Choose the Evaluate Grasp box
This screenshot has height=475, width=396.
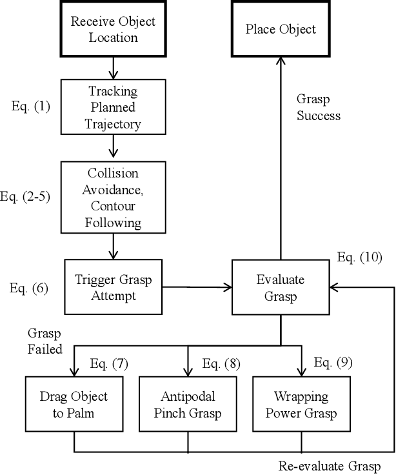280,287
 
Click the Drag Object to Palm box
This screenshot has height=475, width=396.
75,403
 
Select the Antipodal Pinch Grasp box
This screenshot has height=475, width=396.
188,403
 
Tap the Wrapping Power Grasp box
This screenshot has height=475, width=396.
301,403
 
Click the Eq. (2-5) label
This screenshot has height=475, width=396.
29,197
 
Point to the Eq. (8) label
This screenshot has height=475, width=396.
221,364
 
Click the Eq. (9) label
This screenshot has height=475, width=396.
333,363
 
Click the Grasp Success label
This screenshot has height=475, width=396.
318,108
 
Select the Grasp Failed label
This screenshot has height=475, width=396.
45,341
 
